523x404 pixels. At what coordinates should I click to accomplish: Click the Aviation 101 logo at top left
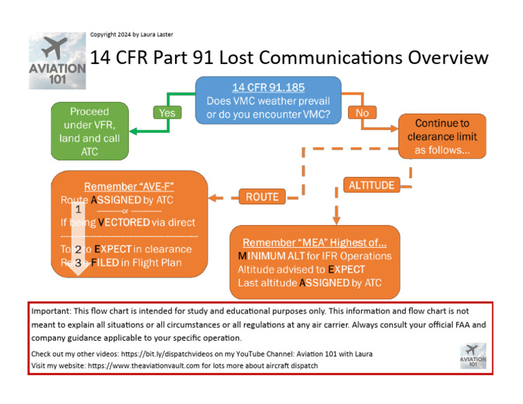click(x=57, y=61)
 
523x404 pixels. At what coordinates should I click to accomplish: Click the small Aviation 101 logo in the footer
click(x=473, y=356)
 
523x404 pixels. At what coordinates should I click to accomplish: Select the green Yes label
click(x=167, y=112)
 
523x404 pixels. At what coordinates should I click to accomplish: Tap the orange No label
click(x=362, y=112)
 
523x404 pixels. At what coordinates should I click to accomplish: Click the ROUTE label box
click(x=262, y=197)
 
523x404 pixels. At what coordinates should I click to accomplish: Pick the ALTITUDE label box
click(x=371, y=185)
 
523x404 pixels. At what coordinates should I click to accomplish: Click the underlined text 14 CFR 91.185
click(x=268, y=88)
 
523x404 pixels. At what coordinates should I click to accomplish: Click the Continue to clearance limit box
click(x=442, y=137)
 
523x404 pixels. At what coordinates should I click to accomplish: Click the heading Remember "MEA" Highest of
click(x=315, y=242)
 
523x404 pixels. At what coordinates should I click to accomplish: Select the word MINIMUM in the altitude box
click(x=266, y=256)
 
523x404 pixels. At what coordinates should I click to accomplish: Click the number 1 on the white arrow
click(x=78, y=209)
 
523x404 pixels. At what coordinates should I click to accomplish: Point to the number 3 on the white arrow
click(x=78, y=262)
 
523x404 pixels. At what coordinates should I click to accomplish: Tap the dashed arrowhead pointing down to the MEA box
click(x=335, y=218)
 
